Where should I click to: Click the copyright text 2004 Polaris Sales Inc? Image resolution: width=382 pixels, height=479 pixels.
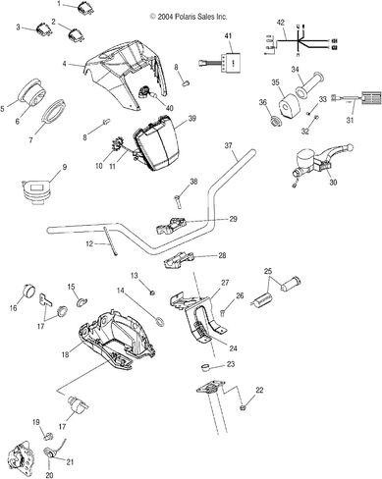click(189, 17)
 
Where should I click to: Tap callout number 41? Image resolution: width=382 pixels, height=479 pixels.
click(228, 36)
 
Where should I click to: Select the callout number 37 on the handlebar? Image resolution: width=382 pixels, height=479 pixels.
click(228, 145)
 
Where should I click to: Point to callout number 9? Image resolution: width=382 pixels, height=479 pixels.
click(64, 167)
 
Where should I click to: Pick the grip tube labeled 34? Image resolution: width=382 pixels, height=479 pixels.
click(309, 84)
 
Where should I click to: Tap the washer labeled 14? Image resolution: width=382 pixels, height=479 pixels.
click(159, 321)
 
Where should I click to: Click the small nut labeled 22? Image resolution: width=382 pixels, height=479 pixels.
click(244, 407)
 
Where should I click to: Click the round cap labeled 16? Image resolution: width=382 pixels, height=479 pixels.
click(28, 290)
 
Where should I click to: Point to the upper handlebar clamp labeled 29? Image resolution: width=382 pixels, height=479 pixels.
click(172, 226)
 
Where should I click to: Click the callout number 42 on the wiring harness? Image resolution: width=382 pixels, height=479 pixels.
click(281, 23)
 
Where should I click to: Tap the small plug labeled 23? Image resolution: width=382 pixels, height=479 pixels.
click(205, 368)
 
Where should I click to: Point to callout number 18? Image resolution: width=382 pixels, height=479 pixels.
click(66, 354)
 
